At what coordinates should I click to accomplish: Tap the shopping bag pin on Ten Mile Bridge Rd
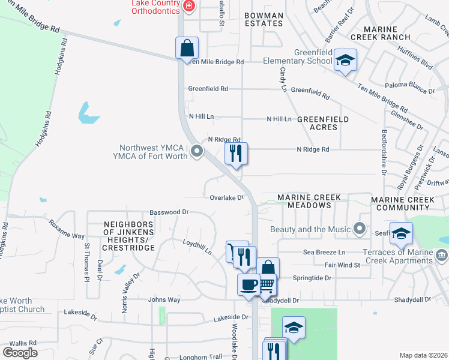click(187, 47)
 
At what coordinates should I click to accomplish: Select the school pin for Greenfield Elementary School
click(345, 60)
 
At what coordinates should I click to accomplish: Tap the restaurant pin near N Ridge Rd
click(236, 153)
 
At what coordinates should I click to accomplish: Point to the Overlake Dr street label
click(227, 197)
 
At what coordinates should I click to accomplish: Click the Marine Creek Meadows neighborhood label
click(309, 201)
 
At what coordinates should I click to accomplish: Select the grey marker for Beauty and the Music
click(360, 229)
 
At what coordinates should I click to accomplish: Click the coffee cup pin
click(248, 284)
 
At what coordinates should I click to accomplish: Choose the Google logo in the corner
click(20, 353)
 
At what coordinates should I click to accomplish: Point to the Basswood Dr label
click(169, 212)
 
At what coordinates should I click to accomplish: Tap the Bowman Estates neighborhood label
click(264, 19)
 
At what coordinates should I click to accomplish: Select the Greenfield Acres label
click(322, 123)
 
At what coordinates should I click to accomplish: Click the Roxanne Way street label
click(67, 232)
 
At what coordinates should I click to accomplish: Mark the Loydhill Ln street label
click(197, 247)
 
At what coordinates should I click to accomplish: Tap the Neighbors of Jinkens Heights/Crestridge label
click(128, 236)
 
